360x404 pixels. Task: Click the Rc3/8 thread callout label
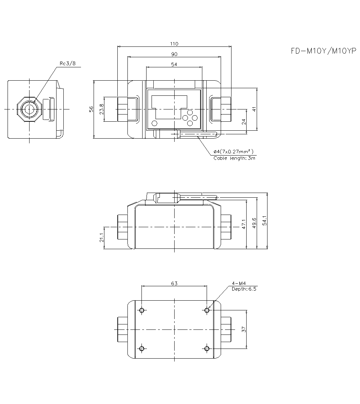67,64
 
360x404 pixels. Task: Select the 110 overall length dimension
174,44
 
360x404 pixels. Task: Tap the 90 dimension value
174,54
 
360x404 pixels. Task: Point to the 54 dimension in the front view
174,64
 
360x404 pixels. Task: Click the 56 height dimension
91,109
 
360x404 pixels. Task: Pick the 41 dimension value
254,109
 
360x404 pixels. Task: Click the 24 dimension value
244,121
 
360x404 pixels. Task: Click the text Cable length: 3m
234,158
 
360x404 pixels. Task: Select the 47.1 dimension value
244,224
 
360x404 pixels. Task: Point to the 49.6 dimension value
254,223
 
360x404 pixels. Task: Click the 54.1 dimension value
265,221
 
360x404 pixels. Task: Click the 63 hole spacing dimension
174,283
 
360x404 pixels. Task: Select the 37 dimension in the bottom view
244,329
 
